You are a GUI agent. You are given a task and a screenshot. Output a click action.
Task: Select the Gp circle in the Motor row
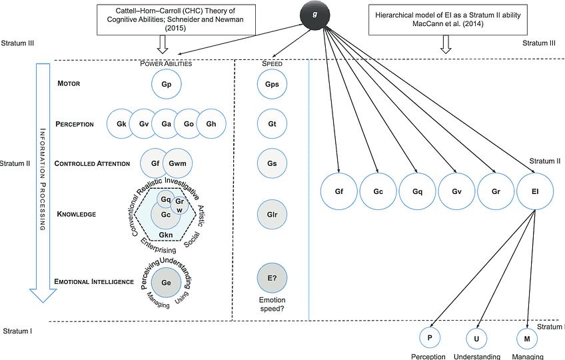pyautogui.click(x=167, y=85)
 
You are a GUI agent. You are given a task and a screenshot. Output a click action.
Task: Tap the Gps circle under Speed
pyautogui.click(x=271, y=85)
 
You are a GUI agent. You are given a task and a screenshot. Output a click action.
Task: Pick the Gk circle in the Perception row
pyautogui.click(x=121, y=123)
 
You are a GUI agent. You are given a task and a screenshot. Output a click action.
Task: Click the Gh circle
pyautogui.click(x=211, y=123)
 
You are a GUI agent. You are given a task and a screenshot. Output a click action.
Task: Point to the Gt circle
pyautogui.click(x=271, y=123)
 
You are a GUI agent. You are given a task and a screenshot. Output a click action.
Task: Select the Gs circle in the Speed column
pyautogui.click(x=271, y=163)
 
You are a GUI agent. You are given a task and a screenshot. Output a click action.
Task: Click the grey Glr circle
pyautogui.click(x=271, y=214)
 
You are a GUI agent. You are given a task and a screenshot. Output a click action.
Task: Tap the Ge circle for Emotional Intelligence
pyautogui.click(x=166, y=282)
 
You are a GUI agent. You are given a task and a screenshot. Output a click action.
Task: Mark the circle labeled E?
pyautogui.click(x=271, y=279)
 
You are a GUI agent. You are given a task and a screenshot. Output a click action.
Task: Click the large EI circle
pyautogui.click(x=534, y=191)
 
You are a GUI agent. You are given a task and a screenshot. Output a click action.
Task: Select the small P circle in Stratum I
pyautogui.click(x=430, y=338)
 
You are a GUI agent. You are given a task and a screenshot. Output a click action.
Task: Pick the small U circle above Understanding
pyautogui.click(x=477, y=338)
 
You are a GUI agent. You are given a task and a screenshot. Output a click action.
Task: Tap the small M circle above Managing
pyautogui.click(x=527, y=338)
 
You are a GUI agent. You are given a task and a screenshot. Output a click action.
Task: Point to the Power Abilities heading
pyautogui.click(x=166, y=63)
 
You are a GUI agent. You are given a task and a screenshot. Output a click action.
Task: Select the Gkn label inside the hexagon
pyautogui.click(x=166, y=234)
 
